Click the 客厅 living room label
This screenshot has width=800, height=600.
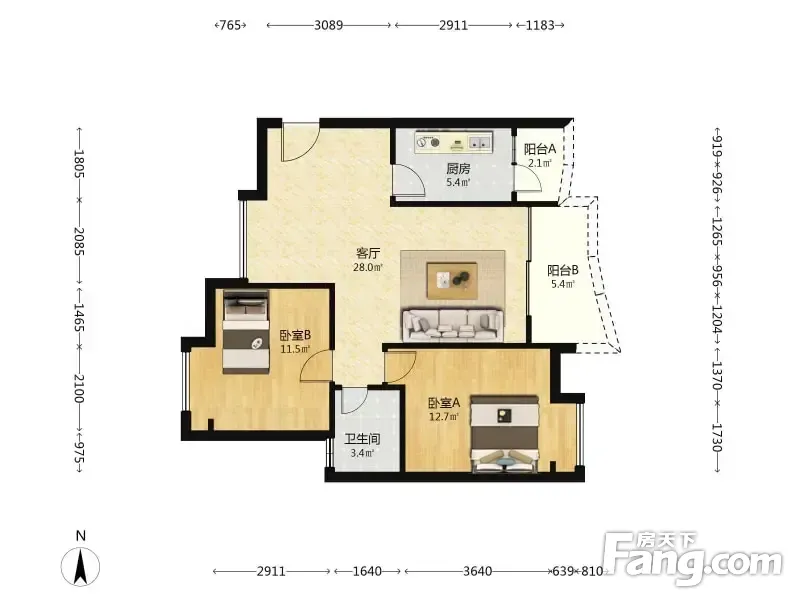click(368, 253)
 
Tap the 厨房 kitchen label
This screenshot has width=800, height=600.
click(458, 168)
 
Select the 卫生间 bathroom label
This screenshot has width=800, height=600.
click(362, 439)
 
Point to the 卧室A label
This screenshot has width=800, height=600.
click(444, 403)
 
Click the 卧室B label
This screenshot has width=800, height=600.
click(295, 335)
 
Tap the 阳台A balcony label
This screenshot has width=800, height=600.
click(540, 149)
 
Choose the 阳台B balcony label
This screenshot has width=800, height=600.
click(563, 270)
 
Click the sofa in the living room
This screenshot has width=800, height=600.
click(453, 324)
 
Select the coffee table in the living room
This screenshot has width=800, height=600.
click(453, 280)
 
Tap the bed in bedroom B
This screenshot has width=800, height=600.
click(246, 332)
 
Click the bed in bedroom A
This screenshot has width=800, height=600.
click(505, 434)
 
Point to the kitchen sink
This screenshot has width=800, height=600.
click(480, 142)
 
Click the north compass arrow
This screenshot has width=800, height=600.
click(80, 566)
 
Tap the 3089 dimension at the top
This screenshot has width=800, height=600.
click(329, 25)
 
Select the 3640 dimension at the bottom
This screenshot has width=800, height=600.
click(478, 571)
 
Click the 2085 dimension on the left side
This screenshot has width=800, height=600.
click(79, 241)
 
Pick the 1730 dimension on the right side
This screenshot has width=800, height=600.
click(717, 438)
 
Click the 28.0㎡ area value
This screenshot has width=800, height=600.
click(368, 267)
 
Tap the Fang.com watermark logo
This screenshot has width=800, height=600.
click(693, 559)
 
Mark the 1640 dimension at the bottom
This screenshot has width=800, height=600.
click(367, 571)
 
